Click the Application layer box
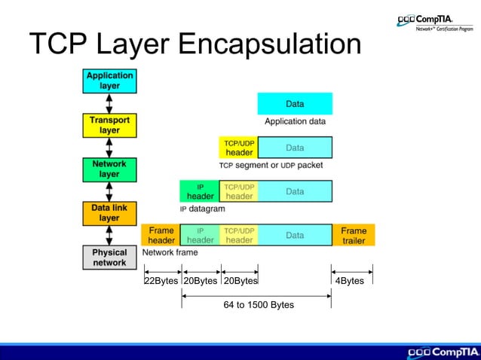[109, 81]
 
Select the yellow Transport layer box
[109, 125]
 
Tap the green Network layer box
[109, 169]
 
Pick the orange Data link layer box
[109, 213]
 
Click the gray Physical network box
[109, 258]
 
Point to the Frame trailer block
[353, 235]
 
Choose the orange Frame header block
[161, 235]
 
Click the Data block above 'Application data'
[295, 103]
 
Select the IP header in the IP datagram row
[200, 191]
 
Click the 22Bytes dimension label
[161, 281]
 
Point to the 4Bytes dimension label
[349, 281]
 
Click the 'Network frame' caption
[170, 253]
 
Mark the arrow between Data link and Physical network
[109, 236]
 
